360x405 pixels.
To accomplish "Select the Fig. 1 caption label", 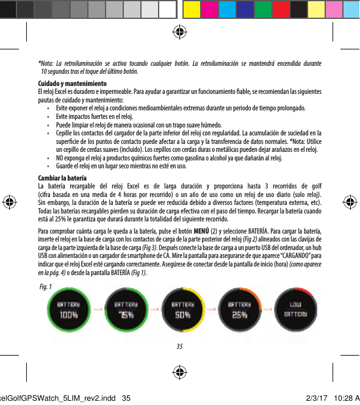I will point(45,287).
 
